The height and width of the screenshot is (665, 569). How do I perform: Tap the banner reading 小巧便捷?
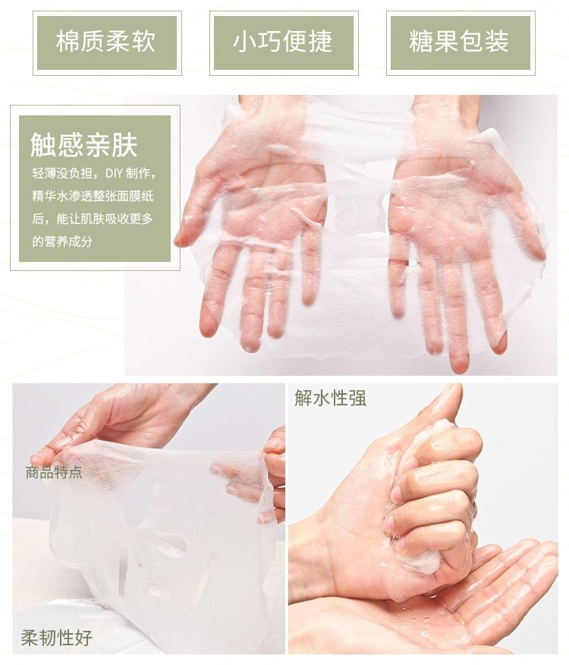point(282,42)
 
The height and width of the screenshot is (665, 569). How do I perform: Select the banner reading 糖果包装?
point(459,42)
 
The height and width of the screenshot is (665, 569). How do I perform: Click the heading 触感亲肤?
point(84,144)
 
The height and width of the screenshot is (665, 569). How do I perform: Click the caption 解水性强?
point(330,397)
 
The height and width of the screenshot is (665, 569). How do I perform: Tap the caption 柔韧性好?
point(56,637)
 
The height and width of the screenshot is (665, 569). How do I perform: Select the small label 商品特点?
point(54,472)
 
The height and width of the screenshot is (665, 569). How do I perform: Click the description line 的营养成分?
point(62,241)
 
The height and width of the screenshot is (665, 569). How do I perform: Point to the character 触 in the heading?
point(42,144)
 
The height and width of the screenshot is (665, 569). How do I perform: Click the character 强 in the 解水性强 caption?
point(357,397)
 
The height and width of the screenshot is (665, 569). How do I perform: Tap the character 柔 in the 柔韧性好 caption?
point(30,637)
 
